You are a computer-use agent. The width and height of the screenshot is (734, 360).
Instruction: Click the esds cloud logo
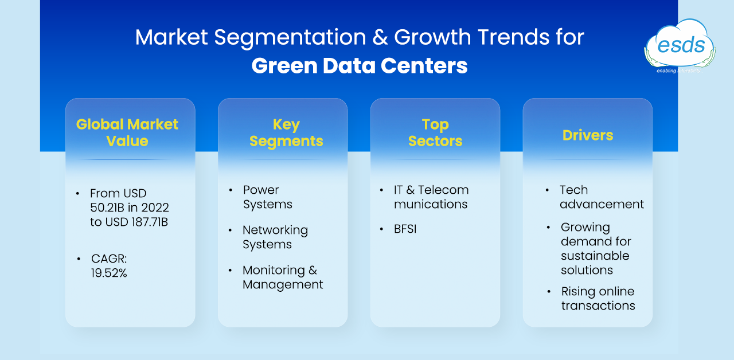[x=680, y=46]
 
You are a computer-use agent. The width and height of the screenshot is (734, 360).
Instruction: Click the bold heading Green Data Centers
[x=360, y=65]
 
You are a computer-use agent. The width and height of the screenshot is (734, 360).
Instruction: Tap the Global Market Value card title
[x=127, y=132]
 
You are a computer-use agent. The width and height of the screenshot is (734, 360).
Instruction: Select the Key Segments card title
[x=286, y=132]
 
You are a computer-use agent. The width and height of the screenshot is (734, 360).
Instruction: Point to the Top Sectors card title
[x=435, y=132]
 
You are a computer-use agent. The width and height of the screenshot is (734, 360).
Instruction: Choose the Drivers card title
[x=588, y=135]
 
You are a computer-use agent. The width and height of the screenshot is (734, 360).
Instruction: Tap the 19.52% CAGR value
[x=109, y=273]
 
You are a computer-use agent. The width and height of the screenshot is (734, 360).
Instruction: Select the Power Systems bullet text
[x=267, y=197]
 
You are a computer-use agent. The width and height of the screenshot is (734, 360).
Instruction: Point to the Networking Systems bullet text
[x=275, y=237]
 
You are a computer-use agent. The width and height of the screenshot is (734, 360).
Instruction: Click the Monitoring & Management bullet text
[x=283, y=277]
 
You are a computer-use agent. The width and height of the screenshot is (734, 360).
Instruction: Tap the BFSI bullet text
[x=405, y=229]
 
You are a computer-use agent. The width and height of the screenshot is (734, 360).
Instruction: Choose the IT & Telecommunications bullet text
[x=431, y=197]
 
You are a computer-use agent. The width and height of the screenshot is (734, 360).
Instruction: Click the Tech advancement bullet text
[x=602, y=197]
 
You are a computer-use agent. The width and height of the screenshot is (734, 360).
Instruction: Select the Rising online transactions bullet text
[x=598, y=299]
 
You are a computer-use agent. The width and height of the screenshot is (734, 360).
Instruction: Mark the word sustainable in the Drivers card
[x=595, y=256]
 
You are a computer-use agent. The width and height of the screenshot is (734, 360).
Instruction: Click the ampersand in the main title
[x=380, y=37]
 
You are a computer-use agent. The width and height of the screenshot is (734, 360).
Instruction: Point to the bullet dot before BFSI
[x=381, y=229]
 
